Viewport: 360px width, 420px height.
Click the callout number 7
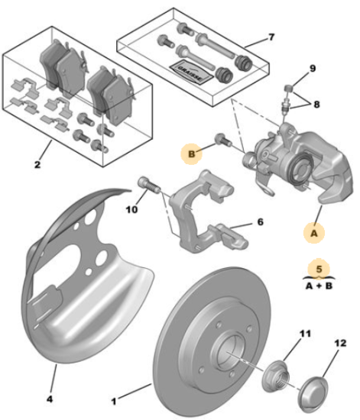click(x=271, y=37)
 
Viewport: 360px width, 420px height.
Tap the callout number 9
click(x=313, y=69)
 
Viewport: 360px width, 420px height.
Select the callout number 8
click(x=316, y=104)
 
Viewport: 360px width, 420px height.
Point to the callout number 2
click(x=37, y=164)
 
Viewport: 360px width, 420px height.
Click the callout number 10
click(x=131, y=209)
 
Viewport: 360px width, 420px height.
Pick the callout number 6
click(x=261, y=221)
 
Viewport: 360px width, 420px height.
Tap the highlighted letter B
click(x=192, y=154)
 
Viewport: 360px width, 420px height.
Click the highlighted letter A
click(x=314, y=233)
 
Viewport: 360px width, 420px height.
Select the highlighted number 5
click(x=319, y=269)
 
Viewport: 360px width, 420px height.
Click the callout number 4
click(x=50, y=399)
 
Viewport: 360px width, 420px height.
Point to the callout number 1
click(x=114, y=401)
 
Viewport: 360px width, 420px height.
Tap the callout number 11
click(x=305, y=334)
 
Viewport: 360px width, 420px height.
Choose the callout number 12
click(x=340, y=343)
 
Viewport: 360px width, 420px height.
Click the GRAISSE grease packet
click(x=191, y=72)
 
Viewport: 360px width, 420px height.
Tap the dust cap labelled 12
click(x=313, y=396)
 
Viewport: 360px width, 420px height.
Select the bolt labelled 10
click(x=148, y=185)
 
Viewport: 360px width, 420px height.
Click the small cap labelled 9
click(x=288, y=88)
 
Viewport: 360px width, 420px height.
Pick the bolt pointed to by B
click(x=223, y=139)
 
